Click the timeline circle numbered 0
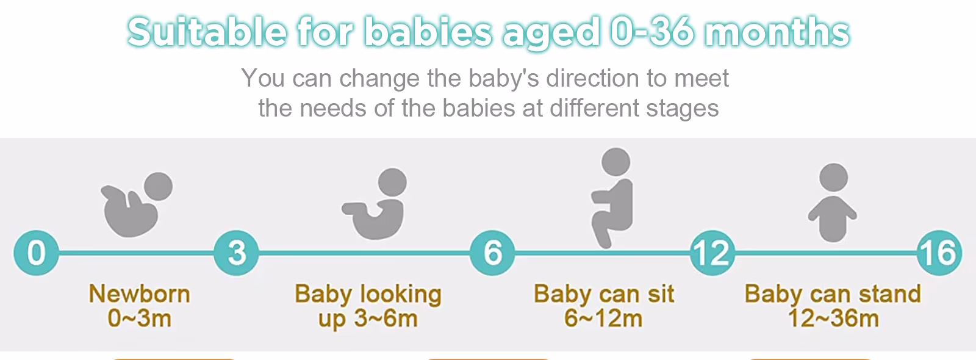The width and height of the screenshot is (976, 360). tap(36, 253)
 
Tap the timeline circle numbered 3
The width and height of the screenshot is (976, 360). tap(236, 253)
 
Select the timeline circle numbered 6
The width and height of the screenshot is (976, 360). tap(492, 253)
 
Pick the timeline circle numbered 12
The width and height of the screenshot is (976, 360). tap(712, 253)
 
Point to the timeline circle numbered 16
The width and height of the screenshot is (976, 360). tap(939, 253)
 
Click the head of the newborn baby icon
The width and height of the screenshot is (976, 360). tap(158, 186)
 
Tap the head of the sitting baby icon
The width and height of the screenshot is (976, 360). tap(615, 162)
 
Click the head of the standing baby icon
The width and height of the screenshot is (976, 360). tap(833, 178)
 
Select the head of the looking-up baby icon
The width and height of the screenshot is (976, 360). tap(392, 182)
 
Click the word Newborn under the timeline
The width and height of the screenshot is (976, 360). tap(140, 293)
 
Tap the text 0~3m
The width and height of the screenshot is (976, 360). tap(140, 318)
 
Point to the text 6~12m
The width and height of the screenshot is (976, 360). tap(603, 318)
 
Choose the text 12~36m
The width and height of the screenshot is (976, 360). tap(833, 318)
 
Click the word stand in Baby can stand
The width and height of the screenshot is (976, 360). tap(890, 293)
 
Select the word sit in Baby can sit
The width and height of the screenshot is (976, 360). tap(661, 293)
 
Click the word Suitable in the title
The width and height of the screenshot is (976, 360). tap(207, 32)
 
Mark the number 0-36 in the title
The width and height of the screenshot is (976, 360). tap(651, 32)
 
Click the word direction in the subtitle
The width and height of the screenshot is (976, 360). tap(593, 78)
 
